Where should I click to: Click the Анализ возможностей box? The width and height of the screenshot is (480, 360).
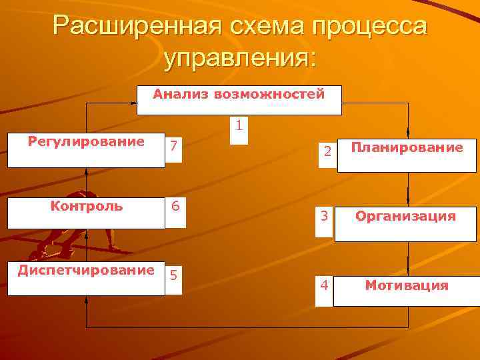[239, 100]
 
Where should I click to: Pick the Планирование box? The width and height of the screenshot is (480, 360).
[407, 155]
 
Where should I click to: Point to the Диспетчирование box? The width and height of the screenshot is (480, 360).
[86, 279]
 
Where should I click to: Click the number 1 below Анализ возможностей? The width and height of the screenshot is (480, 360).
[239, 125]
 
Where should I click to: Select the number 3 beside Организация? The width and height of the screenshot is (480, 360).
[323, 216]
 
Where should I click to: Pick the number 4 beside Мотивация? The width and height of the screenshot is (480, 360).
[323, 285]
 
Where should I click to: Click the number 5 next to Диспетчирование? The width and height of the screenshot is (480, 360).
[173, 274]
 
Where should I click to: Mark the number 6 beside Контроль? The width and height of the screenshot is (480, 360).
[175, 206]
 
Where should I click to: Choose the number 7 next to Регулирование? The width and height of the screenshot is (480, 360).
[173, 145]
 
